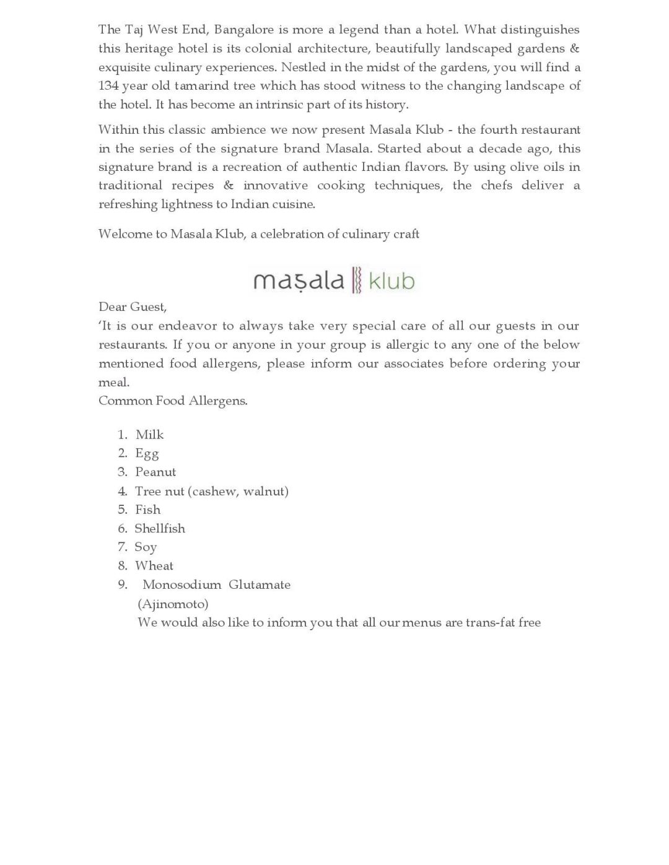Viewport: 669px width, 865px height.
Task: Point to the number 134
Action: coord(109,85)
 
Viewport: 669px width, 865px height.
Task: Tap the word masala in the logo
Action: coord(299,280)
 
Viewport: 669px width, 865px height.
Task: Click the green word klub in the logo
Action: coord(391,280)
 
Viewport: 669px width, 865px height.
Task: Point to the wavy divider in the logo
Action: coord(356,280)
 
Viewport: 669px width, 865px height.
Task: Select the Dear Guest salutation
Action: coord(133,306)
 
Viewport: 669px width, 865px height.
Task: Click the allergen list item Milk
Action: coord(150,435)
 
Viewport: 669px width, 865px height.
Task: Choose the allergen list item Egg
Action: coord(147,453)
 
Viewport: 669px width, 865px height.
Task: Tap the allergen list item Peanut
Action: coord(155,472)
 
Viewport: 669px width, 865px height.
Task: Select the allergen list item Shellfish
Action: coord(160,528)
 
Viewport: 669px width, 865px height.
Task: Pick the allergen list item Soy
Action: coord(146,547)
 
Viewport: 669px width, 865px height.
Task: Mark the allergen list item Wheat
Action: coord(154,565)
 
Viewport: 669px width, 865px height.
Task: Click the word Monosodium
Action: coord(181,585)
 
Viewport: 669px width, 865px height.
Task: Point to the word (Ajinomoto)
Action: coord(173,603)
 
